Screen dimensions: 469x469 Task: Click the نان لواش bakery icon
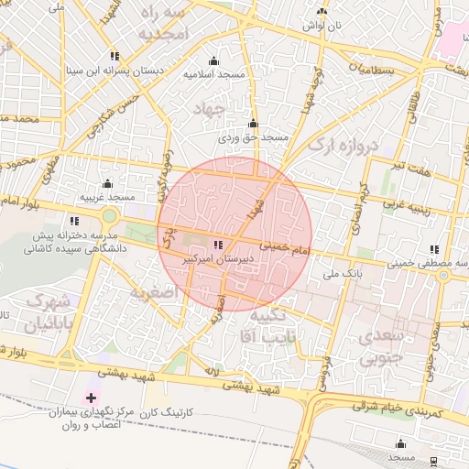(x=322, y=12)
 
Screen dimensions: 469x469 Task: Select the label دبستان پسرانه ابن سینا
(x=113, y=70)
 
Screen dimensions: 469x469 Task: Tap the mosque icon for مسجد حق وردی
(x=253, y=124)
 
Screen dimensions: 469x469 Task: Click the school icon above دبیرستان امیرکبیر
(x=217, y=245)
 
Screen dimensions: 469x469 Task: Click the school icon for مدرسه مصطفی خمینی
(x=435, y=248)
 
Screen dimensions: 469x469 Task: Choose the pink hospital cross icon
(x=90, y=397)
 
